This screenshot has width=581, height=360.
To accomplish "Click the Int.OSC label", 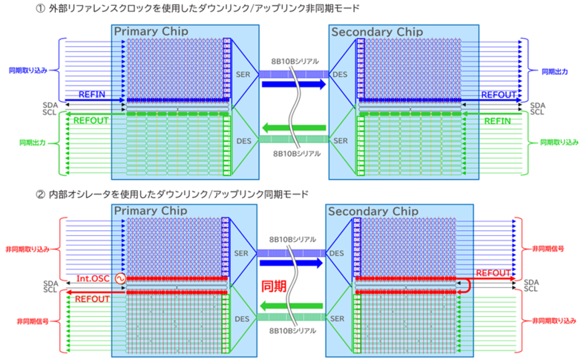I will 93,279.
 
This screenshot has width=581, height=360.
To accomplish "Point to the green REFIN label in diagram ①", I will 497,120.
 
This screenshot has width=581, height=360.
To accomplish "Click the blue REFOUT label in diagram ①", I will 496,94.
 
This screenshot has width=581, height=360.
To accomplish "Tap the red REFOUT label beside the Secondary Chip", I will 493,272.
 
